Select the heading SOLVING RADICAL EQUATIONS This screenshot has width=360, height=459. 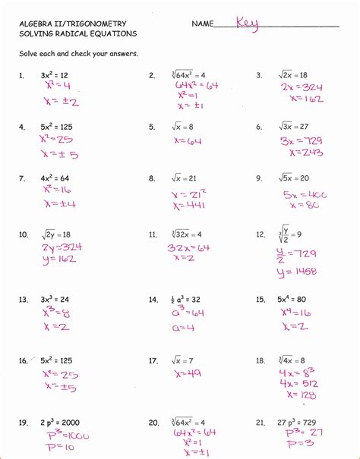tap(78, 34)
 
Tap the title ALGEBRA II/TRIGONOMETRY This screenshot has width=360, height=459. tap(73, 24)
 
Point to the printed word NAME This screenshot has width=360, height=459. tap(203, 24)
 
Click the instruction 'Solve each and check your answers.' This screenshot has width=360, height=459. tap(79, 55)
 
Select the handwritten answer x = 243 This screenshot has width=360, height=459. tap(297, 153)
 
